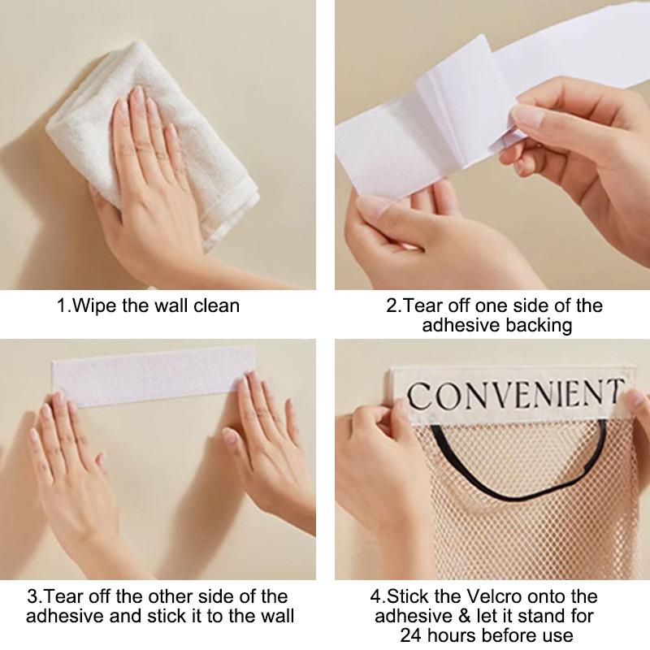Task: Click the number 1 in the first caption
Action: (x=62, y=306)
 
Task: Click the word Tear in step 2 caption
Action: (x=422, y=306)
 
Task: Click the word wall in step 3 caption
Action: (x=274, y=616)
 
